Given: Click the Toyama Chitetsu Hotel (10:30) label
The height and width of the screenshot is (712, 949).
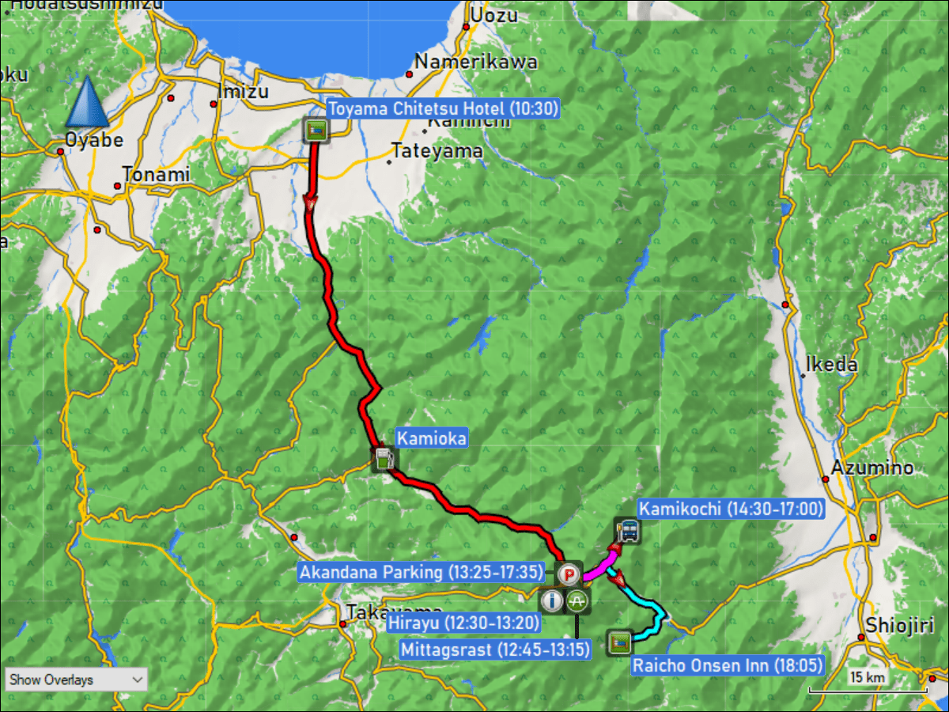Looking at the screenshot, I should click(443, 109).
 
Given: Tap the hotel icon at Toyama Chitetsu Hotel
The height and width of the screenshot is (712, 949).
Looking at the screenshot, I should click(316, 131).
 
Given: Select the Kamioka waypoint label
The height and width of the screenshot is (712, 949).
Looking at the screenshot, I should click(431, 437).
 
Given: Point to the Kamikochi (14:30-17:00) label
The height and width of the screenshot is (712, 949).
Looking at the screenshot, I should click(731, 509).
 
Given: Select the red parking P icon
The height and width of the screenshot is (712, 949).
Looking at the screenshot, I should click(568, 574).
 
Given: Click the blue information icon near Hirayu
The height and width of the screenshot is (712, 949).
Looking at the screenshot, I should click(552, 601).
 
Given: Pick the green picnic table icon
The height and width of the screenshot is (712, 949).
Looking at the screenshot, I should click(578, 601).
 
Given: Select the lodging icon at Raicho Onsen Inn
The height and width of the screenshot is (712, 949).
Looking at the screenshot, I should click(619, 642).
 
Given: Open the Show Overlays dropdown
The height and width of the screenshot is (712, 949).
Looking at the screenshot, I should click(76, 680).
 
